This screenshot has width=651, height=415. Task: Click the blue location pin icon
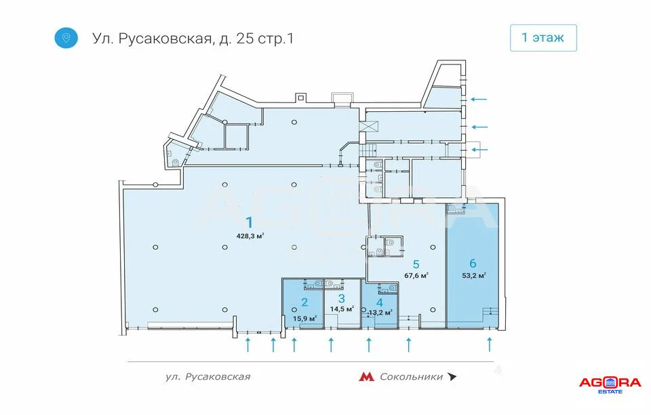(66, 37)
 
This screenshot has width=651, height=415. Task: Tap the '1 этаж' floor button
(542, 37)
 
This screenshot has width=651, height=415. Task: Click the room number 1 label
(250, 222)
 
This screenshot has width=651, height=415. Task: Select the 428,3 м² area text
(250, 236)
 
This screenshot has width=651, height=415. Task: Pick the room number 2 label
(304, 302)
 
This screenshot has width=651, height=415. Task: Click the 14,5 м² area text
(342, 309)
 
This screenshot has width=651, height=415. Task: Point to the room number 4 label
(380, 302)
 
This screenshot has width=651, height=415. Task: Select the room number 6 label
(474, 262)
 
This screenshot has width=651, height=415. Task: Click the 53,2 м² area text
(474, 275)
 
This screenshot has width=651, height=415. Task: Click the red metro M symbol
(366, 377)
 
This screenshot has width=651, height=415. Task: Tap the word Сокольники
(411, 377)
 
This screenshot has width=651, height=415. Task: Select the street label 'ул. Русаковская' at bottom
(208, 377)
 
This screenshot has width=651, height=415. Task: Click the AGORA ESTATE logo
(609, 384)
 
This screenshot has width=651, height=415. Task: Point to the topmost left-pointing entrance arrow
(479, 99)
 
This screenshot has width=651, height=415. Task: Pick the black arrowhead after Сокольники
(452, 377)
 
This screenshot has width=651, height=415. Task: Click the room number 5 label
(416, 263)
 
